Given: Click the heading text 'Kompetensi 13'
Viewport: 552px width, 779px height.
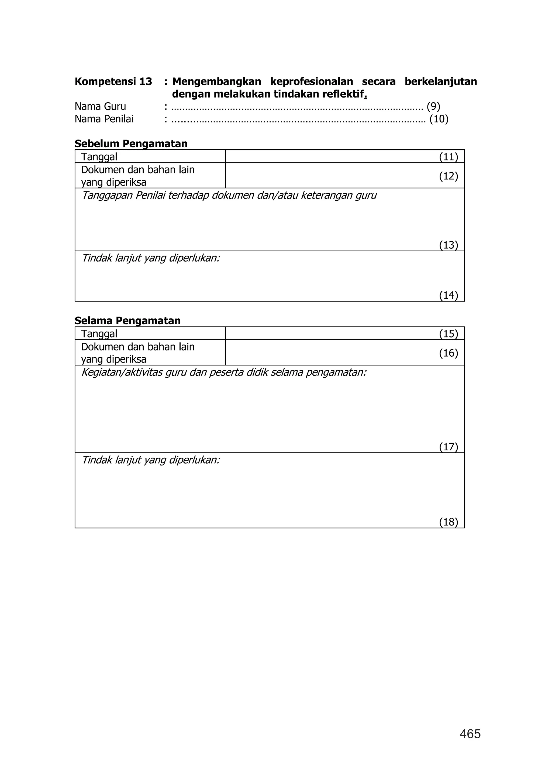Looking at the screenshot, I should tap(113, 82).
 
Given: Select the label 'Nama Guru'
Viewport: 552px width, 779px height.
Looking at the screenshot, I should tap(100, 107).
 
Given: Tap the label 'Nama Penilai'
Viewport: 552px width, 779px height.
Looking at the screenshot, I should tap(104, 119).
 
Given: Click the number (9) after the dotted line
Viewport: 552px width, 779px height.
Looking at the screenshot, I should tap(433, 107).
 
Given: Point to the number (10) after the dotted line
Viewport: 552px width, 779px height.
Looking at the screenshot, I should tap(439, 119).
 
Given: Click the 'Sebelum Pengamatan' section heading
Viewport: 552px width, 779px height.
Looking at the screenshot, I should tap(131, 144).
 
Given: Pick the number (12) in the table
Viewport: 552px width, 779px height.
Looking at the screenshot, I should tap(448, 176).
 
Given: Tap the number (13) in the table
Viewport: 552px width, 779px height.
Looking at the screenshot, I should tap(448, 245).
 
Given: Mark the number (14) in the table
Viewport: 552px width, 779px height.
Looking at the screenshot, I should tap(448, 295).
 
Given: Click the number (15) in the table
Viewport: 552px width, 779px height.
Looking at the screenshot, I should tap(448, 334).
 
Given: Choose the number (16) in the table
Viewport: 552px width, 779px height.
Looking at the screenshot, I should tap(448, 353).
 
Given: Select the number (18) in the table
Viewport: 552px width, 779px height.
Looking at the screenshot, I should tap(448, 522).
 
